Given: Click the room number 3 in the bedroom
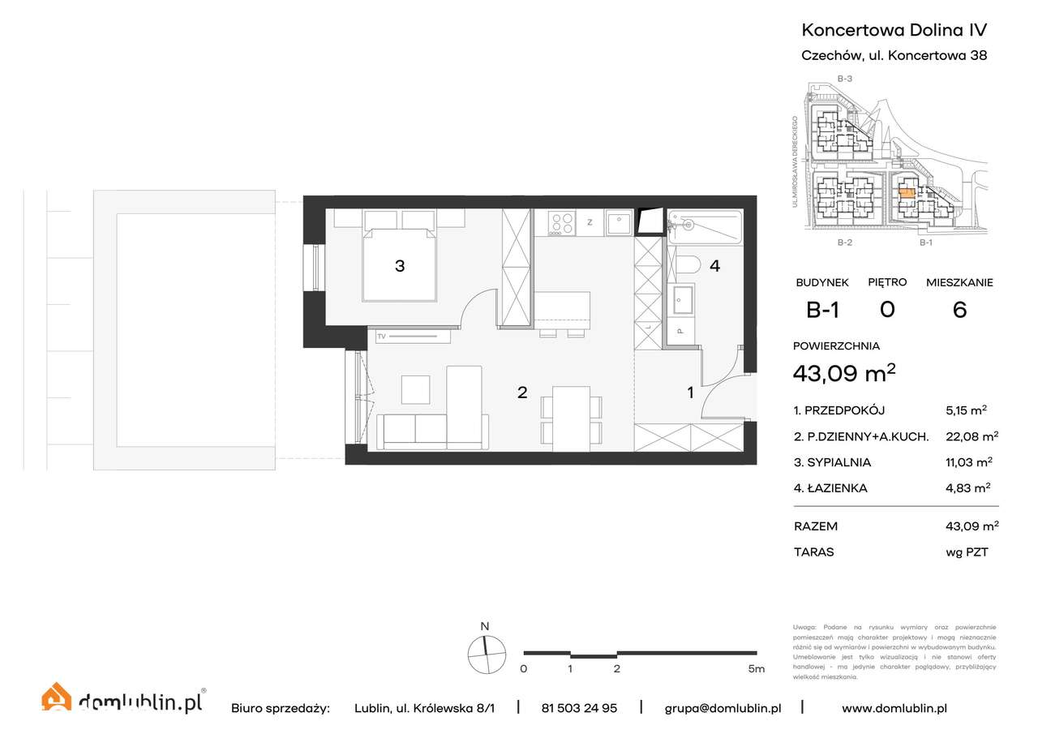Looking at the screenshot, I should point(400,265).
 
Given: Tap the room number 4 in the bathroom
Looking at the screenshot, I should point(714,265).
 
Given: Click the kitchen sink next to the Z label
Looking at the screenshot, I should point(619,222).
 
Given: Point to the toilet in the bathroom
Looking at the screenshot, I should point(688,265).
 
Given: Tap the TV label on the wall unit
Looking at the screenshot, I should point(382,336).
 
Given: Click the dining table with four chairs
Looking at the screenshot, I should point(572,419).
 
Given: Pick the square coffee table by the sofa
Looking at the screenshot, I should point(417,389).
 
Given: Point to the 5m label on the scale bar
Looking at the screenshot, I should point(756,669).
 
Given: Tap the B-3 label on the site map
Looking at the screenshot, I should point(844,79).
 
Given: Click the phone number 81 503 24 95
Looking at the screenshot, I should point(579,708).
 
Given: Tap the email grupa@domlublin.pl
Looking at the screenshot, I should point(723,708).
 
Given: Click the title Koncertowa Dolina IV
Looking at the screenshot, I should point(894,30).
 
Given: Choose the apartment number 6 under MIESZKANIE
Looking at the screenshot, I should point(959,310).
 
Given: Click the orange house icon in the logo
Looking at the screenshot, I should point(57,698).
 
